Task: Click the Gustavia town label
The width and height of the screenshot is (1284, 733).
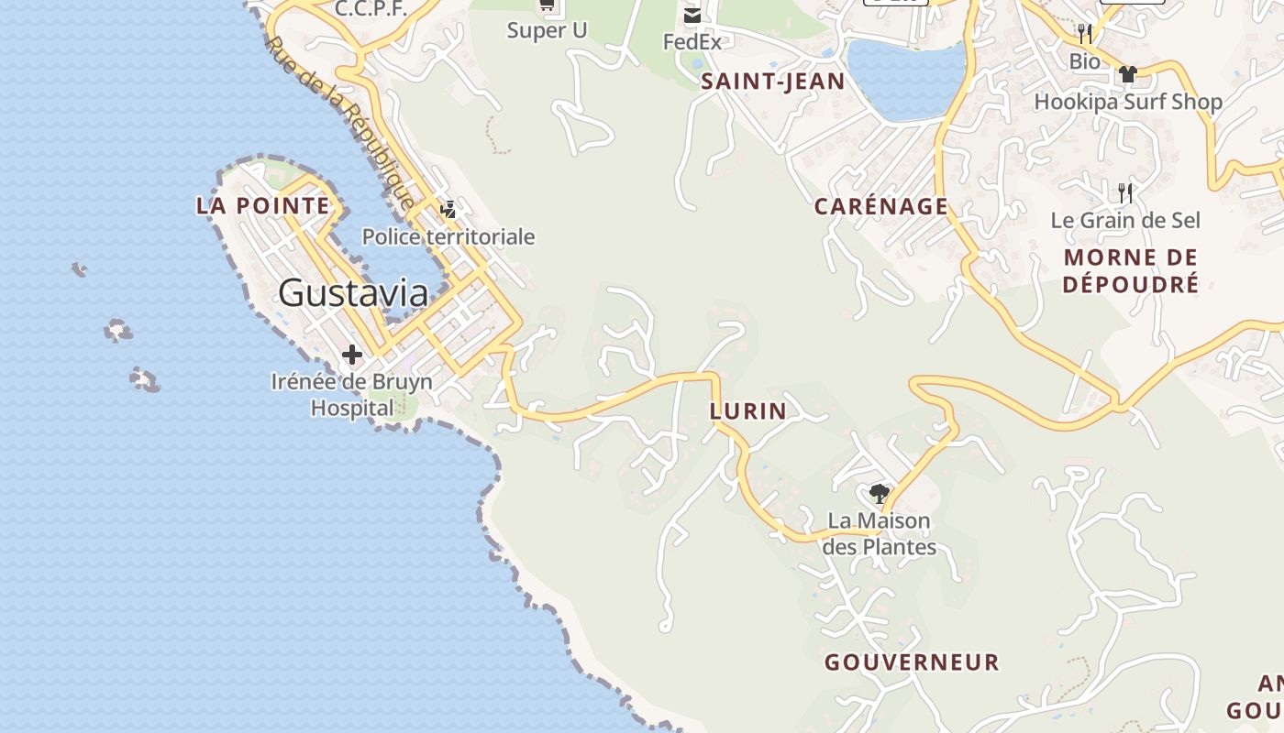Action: click(x=353, y=293)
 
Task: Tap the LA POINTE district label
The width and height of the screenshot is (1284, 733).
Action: click(x=262, y=205)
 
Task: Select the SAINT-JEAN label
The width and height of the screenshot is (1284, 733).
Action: click(x=772, y=82)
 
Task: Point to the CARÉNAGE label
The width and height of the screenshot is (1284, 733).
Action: click(x=880, y=206)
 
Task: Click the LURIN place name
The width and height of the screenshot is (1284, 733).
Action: click(x=747, y=411)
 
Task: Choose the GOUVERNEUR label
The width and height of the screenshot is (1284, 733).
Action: click(x=912, y=662)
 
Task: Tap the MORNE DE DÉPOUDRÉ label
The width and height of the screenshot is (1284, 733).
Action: click(x=1130, y=270)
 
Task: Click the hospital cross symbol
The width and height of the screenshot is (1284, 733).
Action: click(x=351, y=355)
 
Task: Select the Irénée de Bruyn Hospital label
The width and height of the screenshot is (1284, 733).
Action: click(x=351, y=394)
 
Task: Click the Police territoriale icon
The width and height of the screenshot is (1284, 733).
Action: click(x=448, y=210)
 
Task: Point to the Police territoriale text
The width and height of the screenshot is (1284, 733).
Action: click(x=448, y=236)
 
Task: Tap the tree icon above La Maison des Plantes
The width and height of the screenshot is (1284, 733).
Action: click(x=879, y=494)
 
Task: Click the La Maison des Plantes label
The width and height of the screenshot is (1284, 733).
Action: click(x=879, y=534)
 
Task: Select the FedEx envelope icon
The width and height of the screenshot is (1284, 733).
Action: click(x=692, y=16)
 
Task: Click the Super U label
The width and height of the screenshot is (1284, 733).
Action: click(x=547, y=30)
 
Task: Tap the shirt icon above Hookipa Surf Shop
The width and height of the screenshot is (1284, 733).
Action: click(x=1127, y=74)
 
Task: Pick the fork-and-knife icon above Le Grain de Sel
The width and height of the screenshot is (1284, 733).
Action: click(x=1125, y=192)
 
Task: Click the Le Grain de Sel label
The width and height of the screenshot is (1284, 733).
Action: click(x=1125, y=220)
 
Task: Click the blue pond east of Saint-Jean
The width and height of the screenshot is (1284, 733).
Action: click(x=905, y=78)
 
